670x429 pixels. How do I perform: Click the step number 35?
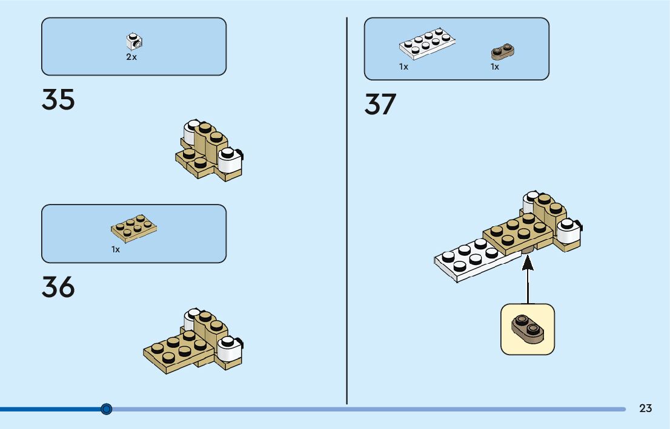pyautogui.click(x=58, y=100)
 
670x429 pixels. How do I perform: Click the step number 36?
pyautogui.click(x=58, y=287)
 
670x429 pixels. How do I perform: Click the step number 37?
pyautogui.click(x=380, y=104)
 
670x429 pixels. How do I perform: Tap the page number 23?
pyautogui.click(x=645, y=408)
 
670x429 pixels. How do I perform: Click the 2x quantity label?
pyautogui.click(x=131, y=57)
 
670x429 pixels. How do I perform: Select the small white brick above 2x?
pyautogui.click(x=134, y=41)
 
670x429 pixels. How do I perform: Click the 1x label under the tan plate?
pyautogui.click(x=116, y=249)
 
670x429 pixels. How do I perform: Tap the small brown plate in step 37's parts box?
pyautogui.click(x=503, y=52)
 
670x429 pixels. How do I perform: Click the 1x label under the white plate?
pyautogui.click(x=403, y=67)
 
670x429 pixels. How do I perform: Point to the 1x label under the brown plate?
pyautogui.click(x=495, y=67)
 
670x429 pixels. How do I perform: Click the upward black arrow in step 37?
pyautogui.click(x=528, y=278)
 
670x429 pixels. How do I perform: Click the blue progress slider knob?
pyautogui.click(x=107, y=409)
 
